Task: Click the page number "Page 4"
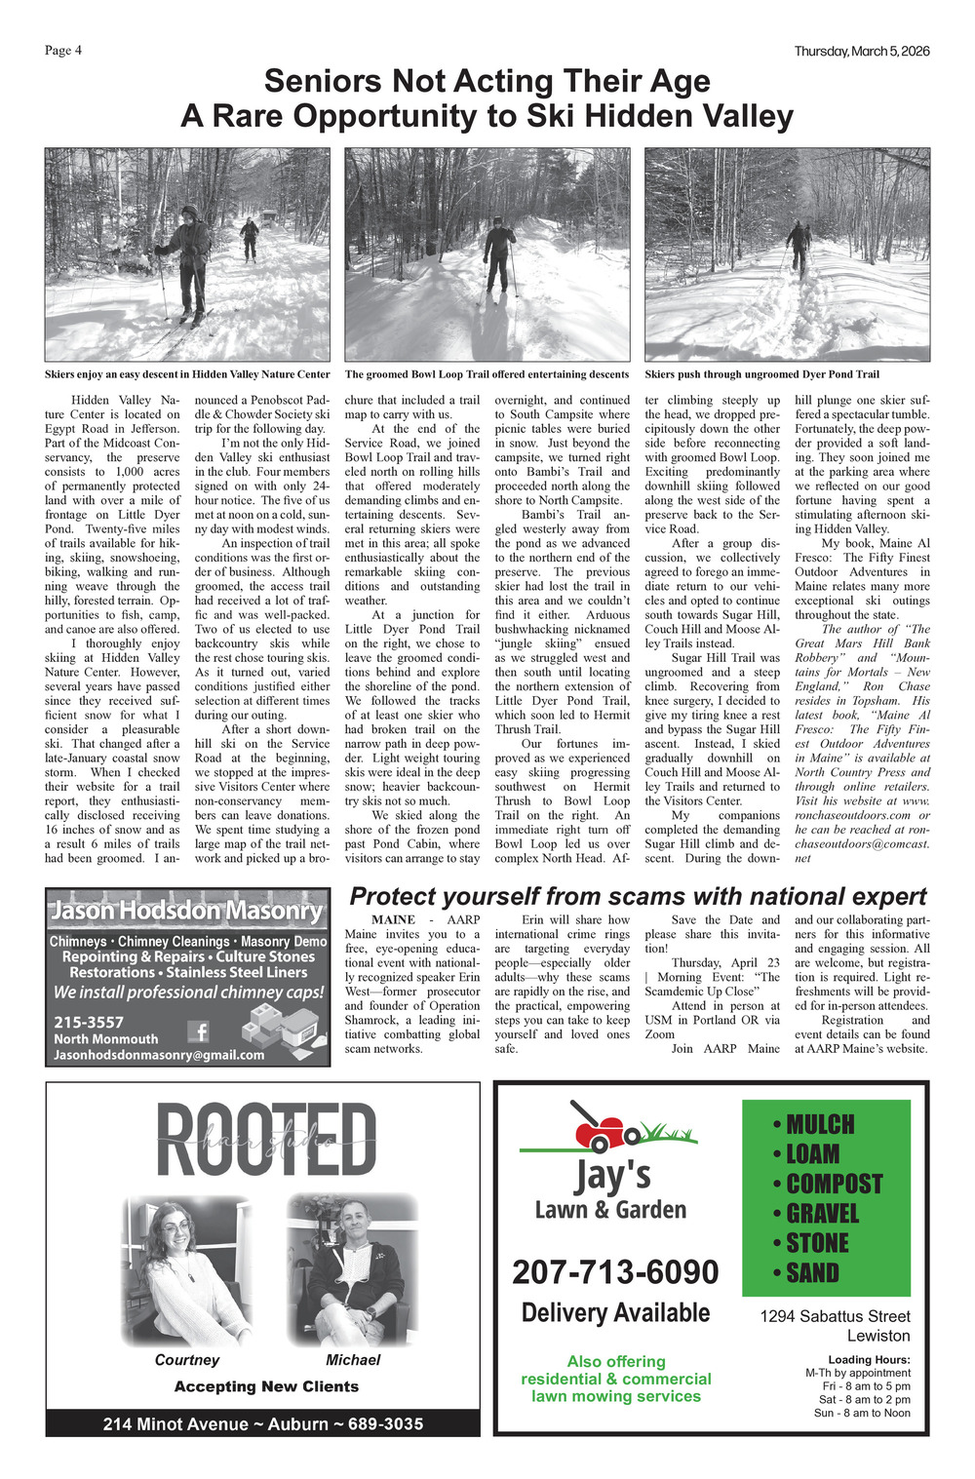pyautogui.click(x=63, y=51)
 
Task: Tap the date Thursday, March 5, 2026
pyautogui.click(x=861, y=51)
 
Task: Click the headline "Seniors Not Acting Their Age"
pyautogui.click(x=487, y=81)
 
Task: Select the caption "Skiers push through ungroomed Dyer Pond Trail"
pyautogui.click(x=761, y=374)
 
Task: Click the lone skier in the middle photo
pyautogui.click(x=499, y=257)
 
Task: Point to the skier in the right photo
pyautogui.click(x=799, y=248)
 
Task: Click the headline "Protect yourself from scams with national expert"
pyautogui.click(x=638, y=897)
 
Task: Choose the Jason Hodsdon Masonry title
pyautogui.click(x=186, y=911)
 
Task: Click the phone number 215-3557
pyautogui.click(x=89, y=1022)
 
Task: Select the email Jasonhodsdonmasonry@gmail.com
pyautogui.click(x=159, y=1055)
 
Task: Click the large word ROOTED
pyautogui.click(x=265, y=1140)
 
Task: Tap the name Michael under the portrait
pyautogui.click(x=353, y=1360)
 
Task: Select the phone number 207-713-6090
pyautogui.click(x=615, y=1272)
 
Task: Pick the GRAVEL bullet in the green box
pyautogui.click(x=822, y=1214)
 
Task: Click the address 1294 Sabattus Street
pyautogui.click(x=835, y=1316)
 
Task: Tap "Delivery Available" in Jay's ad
pyautogui.click(x=615, y=1313)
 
